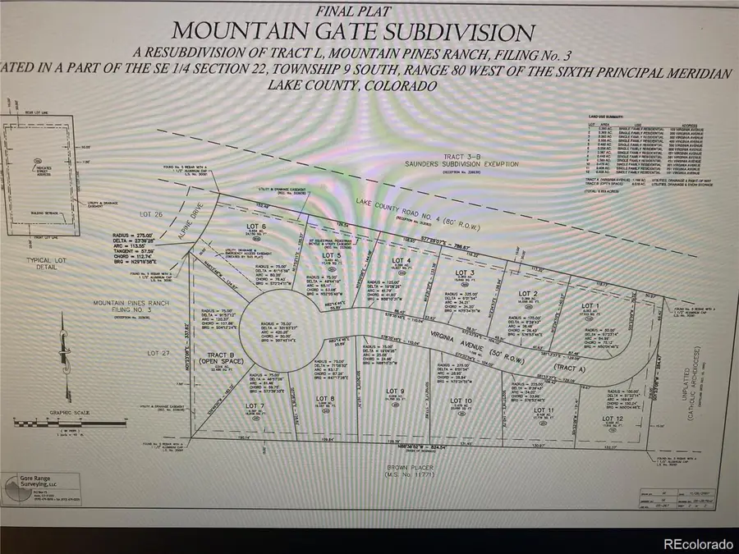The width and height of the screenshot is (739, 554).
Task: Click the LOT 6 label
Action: (x=257, y=225)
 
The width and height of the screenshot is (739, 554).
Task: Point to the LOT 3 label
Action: (x=465, y=273)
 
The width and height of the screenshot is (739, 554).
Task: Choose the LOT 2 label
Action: (x=527, y=293)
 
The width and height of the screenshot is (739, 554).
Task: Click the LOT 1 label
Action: (x=590, y=305)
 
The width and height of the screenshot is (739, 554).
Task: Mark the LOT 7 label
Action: (x=255, y=405)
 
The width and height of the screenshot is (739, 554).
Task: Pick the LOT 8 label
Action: (x=326, y=399)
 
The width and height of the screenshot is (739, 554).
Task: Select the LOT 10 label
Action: (x=461, y=401)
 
